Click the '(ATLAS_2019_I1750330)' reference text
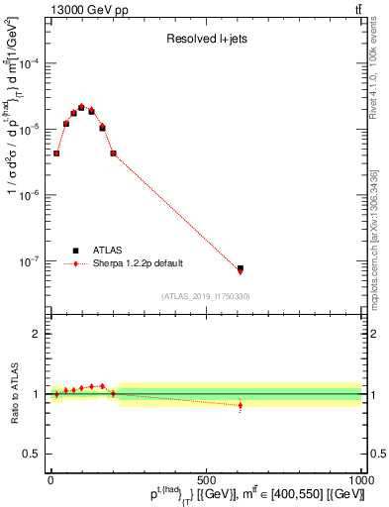[206, 296]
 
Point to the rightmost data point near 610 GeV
[241, 268]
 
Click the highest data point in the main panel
[82, 107]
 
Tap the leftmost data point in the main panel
[56, 153]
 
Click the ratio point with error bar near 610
[241, 405]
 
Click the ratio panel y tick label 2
[38, 334]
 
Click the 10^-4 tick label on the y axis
[32, 62]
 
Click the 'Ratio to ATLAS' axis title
[12, 393]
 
